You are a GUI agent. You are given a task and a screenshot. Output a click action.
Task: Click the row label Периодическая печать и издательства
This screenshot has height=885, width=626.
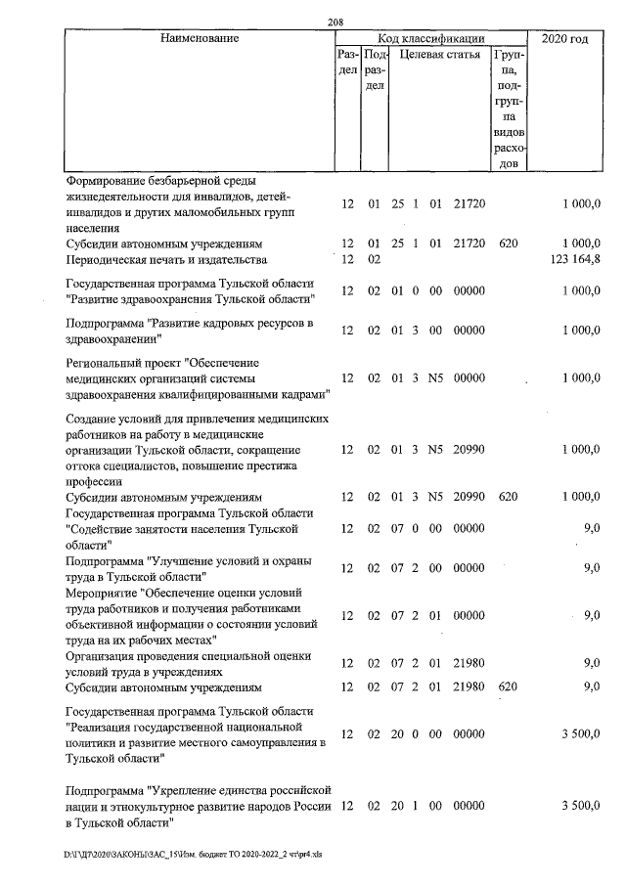coord(165,259)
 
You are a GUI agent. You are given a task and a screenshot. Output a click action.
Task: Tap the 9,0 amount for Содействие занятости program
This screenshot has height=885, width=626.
coord(591,528)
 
